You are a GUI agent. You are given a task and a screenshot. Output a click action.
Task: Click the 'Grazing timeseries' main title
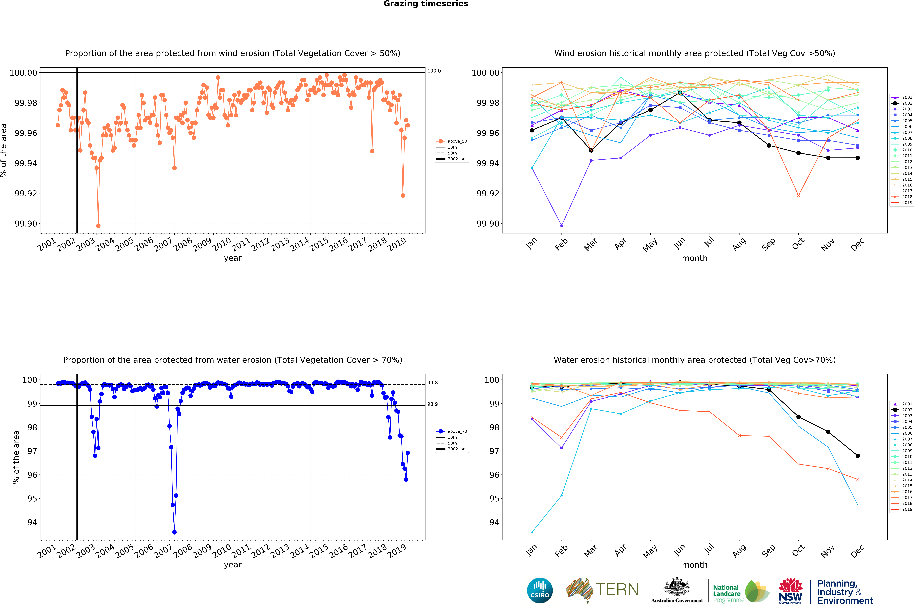pos(426,4)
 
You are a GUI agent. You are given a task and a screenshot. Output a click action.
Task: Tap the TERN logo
pos(602,590)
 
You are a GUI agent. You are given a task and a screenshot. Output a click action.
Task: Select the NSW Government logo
pos(790,591)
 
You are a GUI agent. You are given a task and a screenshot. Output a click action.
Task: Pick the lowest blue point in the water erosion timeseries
pos(174,532)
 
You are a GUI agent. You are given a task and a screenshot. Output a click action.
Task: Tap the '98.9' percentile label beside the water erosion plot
pos(432,404)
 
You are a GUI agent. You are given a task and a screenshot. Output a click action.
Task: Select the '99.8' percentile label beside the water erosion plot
pos(432,383)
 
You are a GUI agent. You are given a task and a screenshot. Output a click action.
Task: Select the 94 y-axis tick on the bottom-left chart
pos(32,522)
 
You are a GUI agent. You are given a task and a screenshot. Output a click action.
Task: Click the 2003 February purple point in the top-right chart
pos(562,226)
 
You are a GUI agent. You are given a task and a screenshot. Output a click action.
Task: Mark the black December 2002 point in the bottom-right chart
pos(858,456)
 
